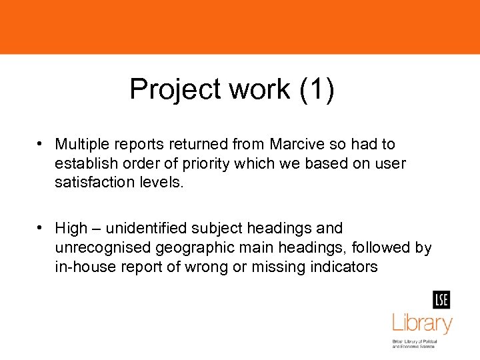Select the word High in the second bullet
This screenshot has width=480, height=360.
[x=71, y=229]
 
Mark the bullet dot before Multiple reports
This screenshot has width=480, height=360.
[x=41, y=144]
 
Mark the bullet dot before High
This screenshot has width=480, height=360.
[x=41, y=229]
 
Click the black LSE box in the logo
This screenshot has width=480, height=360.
[x=441, y=300]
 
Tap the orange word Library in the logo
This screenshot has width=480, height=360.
[x=422, y=324]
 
